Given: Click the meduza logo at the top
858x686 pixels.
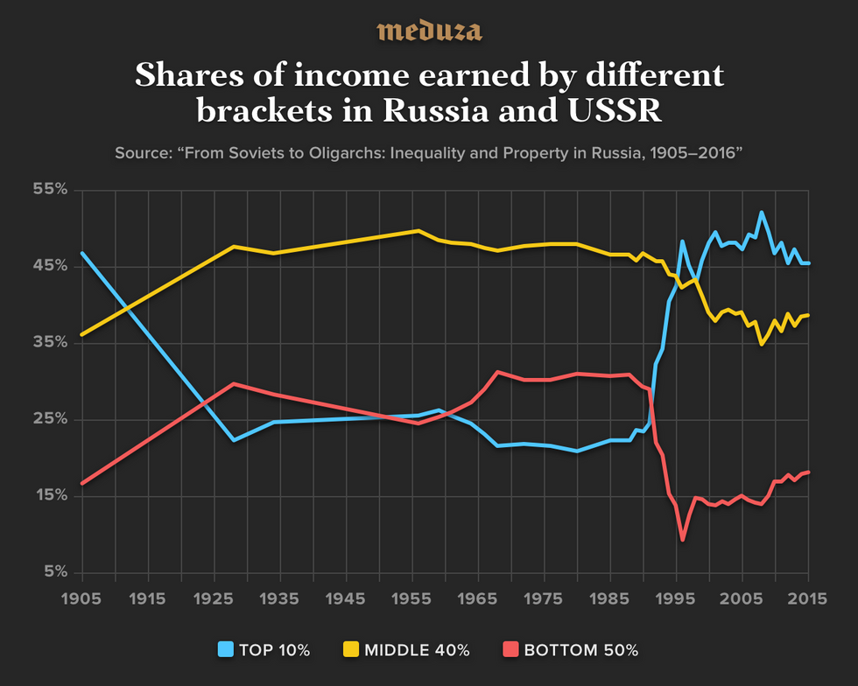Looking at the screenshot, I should [x=429, y=31].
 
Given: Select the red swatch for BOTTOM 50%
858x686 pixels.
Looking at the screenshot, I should [x=509, y=650].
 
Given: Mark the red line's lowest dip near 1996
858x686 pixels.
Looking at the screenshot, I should [x=682, y=540].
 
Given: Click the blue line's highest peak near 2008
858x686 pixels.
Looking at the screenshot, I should [x=761, y=212].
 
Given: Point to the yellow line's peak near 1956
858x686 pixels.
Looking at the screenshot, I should [x=418, y=230].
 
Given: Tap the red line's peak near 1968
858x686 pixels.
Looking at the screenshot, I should [x=497, y=372].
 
